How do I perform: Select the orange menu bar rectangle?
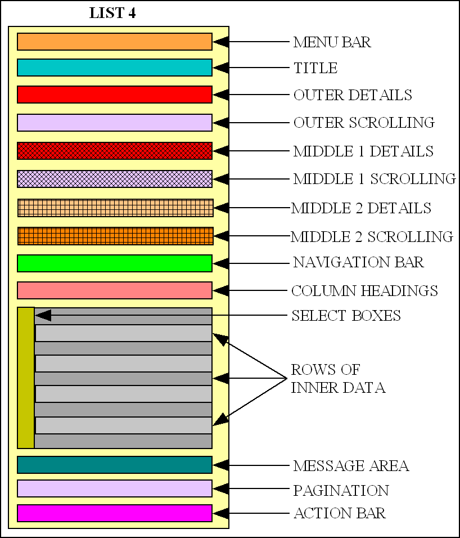tap(115, 42)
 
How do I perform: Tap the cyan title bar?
tap(115, 68)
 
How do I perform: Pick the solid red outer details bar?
tap(115, 95)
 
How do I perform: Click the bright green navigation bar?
tap(115, 263)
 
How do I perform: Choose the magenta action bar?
tap(115, 513)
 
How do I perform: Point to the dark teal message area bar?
tap(115, 465)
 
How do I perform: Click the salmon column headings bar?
tap(115, 290)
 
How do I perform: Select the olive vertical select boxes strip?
tap(26, 378)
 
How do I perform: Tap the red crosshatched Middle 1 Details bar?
tap(115, 151)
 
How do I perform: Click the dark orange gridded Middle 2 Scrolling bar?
tap(115, 236)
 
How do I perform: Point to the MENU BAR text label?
tap(332, 42)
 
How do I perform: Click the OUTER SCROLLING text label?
tap(364, 123)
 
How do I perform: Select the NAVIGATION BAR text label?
tap(358, 263)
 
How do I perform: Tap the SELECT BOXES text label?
tap(346, 316)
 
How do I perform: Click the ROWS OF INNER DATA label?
tap(337, 379)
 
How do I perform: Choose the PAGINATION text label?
tap(341, 491)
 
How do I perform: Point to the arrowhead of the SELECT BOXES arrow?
tap(42, 316)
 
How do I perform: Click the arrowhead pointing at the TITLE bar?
tap(220, 68)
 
